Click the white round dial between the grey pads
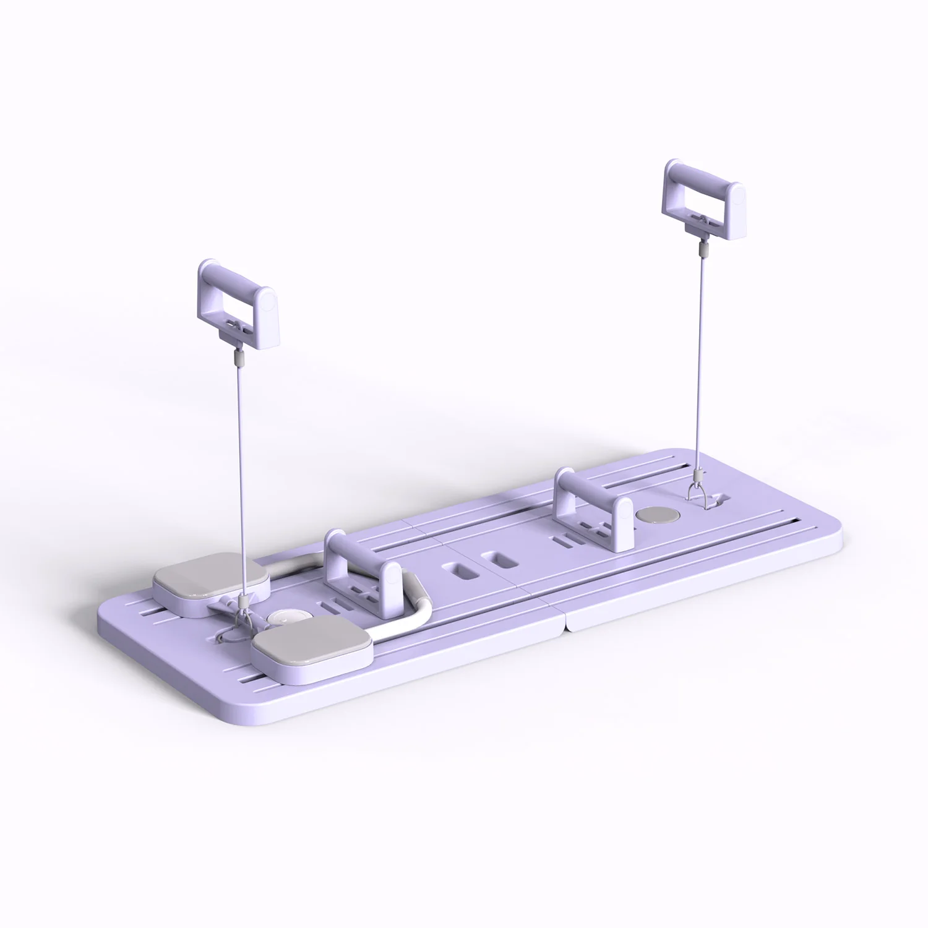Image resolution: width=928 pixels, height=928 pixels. [x=283, y=618]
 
